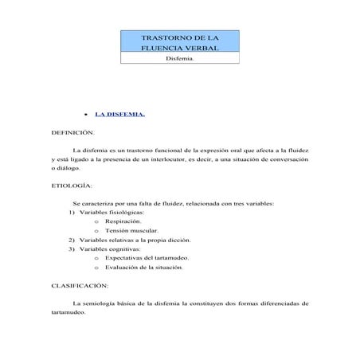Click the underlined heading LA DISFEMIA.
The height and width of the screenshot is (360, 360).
(120, 113)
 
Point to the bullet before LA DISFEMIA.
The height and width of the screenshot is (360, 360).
(85, 114)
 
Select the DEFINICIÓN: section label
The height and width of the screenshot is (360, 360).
(72, 132)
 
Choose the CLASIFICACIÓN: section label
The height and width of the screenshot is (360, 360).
(80, 284)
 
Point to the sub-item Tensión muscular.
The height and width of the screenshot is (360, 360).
(132, 230)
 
